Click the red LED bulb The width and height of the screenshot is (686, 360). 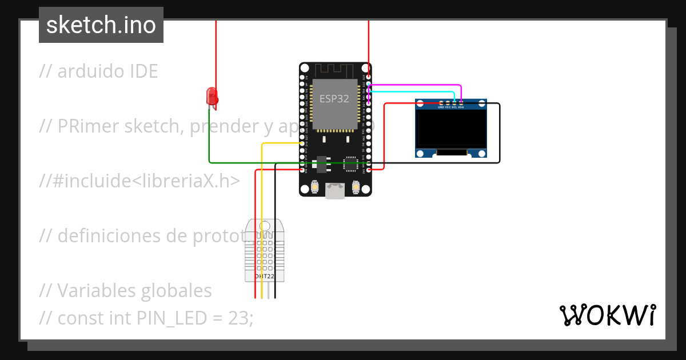coord(212,95)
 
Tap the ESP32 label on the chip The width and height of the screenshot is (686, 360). coord(334,98)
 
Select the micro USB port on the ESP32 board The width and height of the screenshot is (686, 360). coord(334,191)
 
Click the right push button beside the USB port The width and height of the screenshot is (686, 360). coord(356,187)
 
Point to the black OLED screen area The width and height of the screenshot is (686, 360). coord(452,129)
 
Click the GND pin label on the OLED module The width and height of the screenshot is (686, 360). coord(441,107)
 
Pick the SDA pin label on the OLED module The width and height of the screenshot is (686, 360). coord(461,107)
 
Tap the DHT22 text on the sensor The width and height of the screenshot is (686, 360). coord(264,277)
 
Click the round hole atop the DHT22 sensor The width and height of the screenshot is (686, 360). coord(264,226)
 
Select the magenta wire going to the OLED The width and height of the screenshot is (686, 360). coord(417,85)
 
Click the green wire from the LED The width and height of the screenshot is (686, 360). coord(257,162)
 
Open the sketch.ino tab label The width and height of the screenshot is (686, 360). coord(101,25)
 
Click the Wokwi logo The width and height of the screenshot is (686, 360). coord(607,315)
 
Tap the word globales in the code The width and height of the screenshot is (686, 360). coord(175,290)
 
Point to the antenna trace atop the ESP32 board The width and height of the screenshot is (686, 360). coord(334,69)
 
